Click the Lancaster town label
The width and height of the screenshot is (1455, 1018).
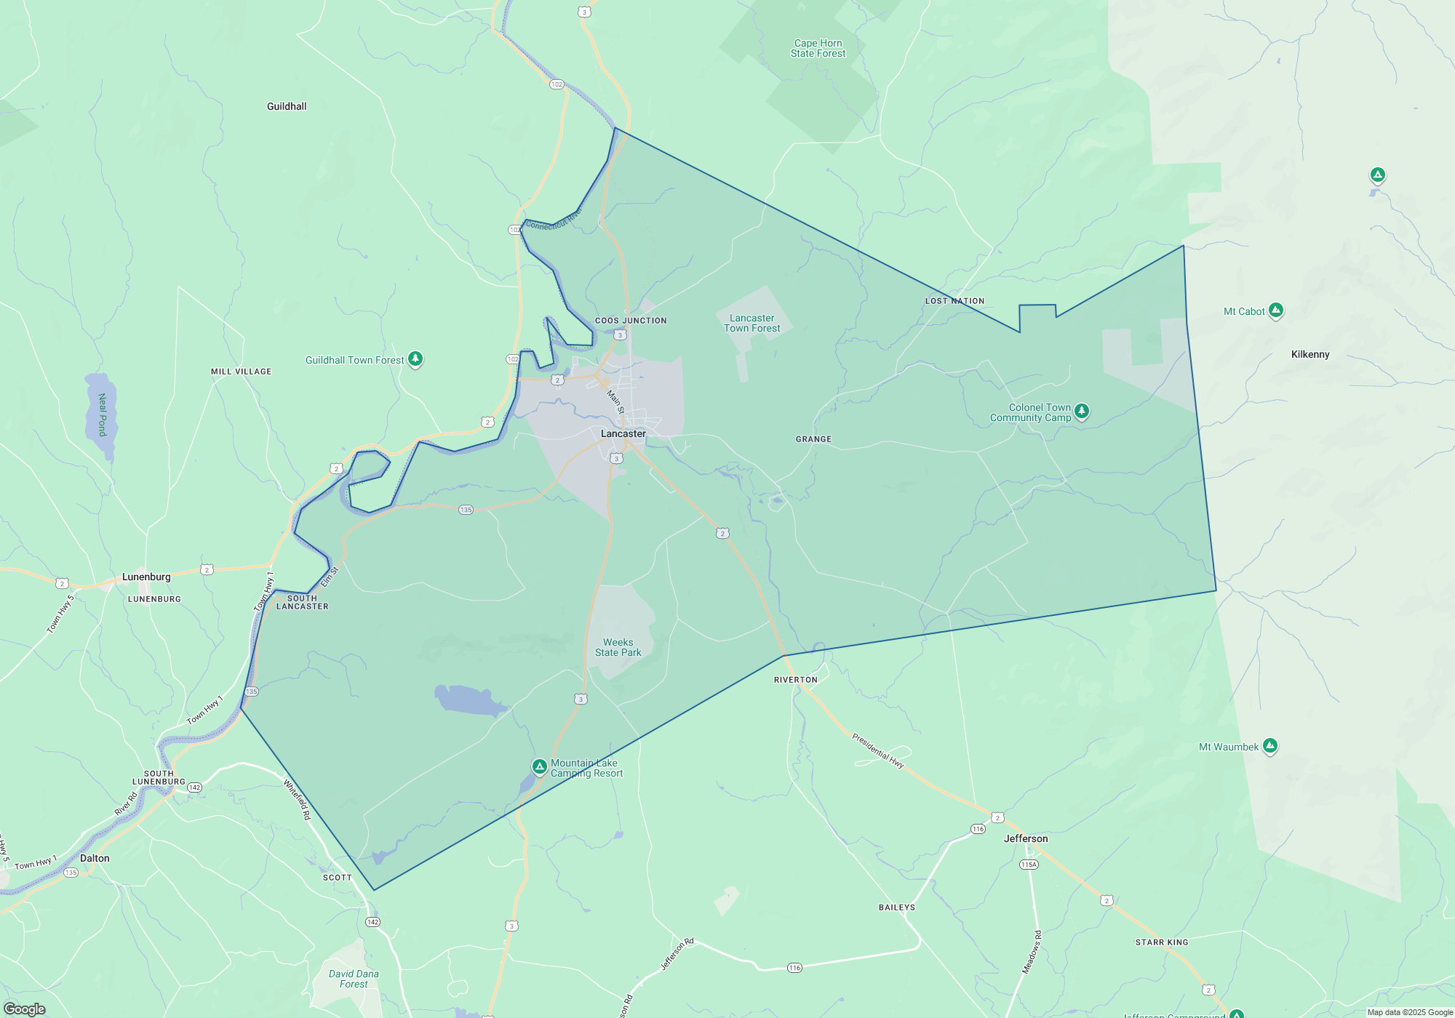point(623,433)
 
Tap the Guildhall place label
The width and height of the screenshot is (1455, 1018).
point(287,106)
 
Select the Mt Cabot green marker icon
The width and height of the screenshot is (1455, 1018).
point(1275,310)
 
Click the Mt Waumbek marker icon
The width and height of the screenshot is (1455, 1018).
point(1270,745)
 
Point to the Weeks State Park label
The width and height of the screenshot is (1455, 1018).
point(618,647)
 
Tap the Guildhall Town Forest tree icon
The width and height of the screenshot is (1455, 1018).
point(415,358)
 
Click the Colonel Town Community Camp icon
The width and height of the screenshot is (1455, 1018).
point(1082,411)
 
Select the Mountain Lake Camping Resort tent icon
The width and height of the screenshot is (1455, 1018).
point(539,766)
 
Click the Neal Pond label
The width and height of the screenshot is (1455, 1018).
point(103,414)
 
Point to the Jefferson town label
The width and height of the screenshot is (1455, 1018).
point(1026,838)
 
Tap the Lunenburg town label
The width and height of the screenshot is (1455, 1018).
point(146,577)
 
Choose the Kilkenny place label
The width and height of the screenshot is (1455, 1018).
point(1310,354)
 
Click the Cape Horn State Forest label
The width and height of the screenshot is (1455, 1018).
point(818,48)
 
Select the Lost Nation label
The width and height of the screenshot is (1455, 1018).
point(954,301)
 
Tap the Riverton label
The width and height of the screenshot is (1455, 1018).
point(795,680)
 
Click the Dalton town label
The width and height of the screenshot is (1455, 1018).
point(95,858)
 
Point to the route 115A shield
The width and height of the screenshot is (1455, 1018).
point(1029,865)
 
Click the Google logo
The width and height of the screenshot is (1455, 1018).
point(25,1009)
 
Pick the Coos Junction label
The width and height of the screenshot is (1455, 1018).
point(630,321)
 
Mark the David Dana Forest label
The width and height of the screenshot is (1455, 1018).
point(354,979)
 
